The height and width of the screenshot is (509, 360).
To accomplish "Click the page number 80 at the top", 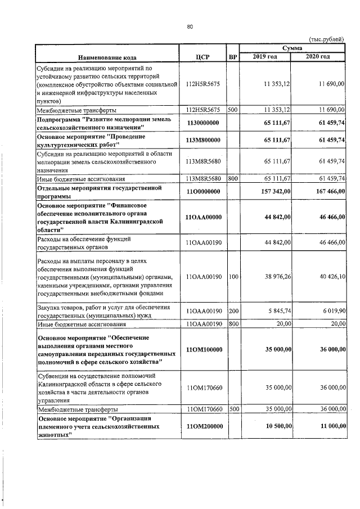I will [190, 26].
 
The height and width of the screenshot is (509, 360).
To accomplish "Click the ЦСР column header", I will [202, 57].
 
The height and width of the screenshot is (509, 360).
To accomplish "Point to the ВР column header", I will [233, 57].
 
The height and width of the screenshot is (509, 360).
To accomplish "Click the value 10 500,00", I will [274, 427].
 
